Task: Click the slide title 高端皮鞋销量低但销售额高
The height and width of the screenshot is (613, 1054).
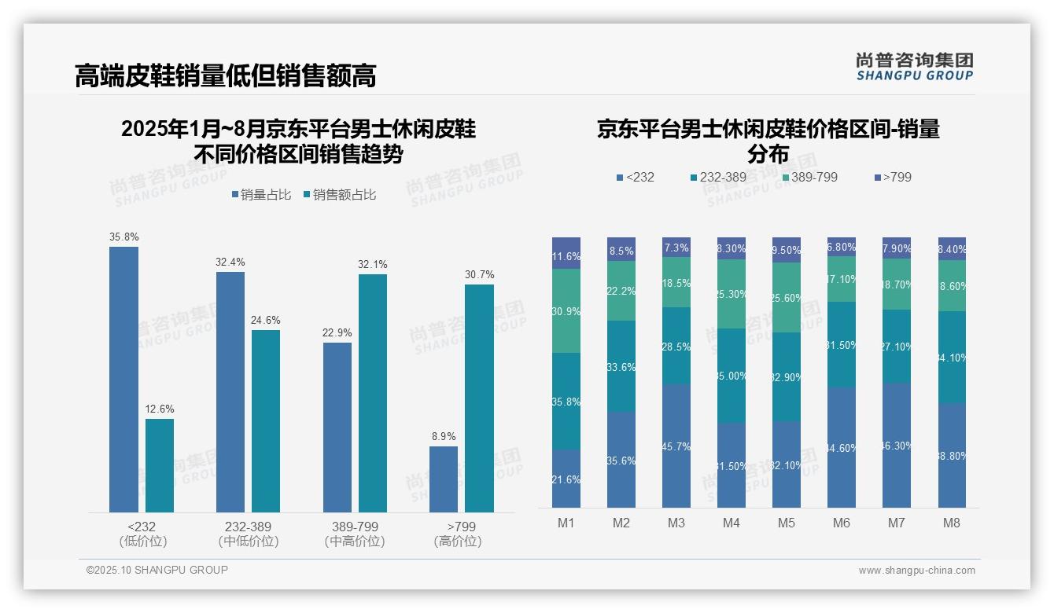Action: pos(225,75)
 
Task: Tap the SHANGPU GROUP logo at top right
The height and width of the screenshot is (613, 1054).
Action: pos(914,67)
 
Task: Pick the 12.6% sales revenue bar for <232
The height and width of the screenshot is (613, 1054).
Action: pos(160,465)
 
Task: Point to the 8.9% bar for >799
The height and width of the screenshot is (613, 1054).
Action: pos(444,479)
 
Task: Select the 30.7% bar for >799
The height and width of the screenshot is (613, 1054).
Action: pos(479,398)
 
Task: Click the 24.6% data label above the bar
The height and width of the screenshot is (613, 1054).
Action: pos(266,321)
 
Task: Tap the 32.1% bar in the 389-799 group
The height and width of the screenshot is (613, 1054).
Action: pos(373,393)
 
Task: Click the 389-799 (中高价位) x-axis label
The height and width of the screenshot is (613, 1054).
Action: pos(355,534)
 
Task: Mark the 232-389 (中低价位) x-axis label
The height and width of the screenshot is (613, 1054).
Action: pos(249,534)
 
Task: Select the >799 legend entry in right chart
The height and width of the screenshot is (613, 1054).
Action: pos(893,177)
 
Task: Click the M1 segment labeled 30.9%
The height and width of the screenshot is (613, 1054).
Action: pos(566,311)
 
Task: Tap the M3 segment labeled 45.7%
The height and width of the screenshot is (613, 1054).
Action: pos(676,446)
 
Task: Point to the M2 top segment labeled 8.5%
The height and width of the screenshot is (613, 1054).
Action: pos(621,250)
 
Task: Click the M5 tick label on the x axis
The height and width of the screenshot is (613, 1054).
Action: pos(787,523)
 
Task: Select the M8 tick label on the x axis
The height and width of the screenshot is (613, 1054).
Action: pos(952,523)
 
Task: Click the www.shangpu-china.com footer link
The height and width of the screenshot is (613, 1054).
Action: pos(916,571)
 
